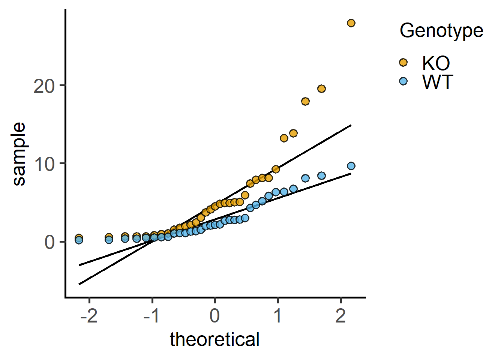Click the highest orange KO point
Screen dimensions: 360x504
351,23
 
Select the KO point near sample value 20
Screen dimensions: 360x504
321,88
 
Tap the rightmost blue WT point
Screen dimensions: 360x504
351,166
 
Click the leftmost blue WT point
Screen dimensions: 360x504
79,240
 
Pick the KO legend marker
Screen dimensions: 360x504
403,62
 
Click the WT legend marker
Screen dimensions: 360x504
403,81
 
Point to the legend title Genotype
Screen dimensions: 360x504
441,30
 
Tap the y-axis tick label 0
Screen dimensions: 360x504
49,243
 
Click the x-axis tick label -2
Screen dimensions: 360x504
89,316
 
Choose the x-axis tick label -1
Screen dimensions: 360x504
152,316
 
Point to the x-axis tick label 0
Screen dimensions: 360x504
215,316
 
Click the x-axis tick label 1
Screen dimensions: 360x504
278,316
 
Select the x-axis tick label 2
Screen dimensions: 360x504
340,316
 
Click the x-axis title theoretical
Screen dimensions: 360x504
214,340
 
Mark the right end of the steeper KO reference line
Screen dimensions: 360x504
351,125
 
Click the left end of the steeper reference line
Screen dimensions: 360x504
79,284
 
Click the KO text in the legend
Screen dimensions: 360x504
436,63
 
